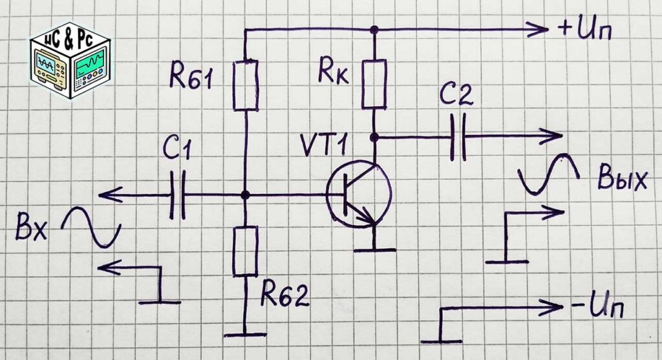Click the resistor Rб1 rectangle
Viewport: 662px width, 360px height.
coord(245,85)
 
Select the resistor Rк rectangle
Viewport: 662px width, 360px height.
coord(374,84)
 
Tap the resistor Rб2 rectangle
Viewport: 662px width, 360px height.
coord(245,251)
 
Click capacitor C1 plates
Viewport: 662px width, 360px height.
coord(177,195)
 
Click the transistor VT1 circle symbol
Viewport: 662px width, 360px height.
coord(359,195)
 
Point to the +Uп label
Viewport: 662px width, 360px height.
coord(584,30)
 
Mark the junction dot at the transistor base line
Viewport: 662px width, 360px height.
coord(245,195)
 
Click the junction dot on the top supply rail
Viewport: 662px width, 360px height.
coord(374,30)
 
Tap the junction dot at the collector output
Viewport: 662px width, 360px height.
coord(374,137)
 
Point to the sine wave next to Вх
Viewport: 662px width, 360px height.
coord(91,227)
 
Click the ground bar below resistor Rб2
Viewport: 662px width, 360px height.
coord(245,335)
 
